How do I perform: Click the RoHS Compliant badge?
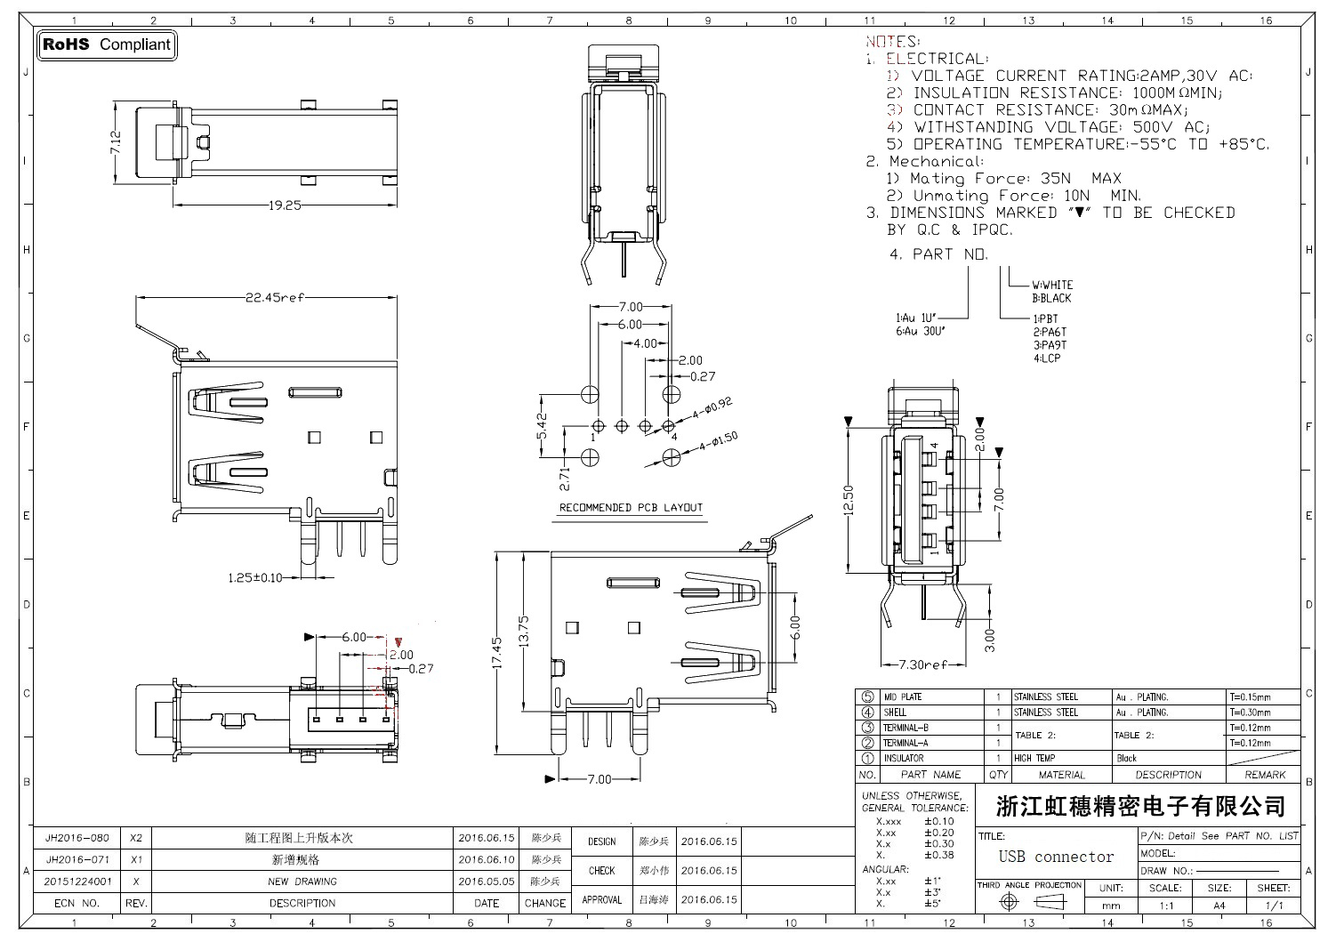(107, 44)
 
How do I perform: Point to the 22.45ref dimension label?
(276, 298)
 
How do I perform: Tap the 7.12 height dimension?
(116, 142)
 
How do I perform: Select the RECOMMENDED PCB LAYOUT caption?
(631, 508)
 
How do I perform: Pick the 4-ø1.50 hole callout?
(719, 442)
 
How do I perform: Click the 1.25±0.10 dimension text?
(255, 578)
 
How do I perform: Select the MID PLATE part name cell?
(902, 697)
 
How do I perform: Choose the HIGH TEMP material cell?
(1034, 758)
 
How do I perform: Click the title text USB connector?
(1056, 857)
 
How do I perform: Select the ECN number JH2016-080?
(77, 838)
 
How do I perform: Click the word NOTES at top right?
(892, 42)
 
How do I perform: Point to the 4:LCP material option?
(1046, 358)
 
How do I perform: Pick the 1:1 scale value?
(1165, 906)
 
